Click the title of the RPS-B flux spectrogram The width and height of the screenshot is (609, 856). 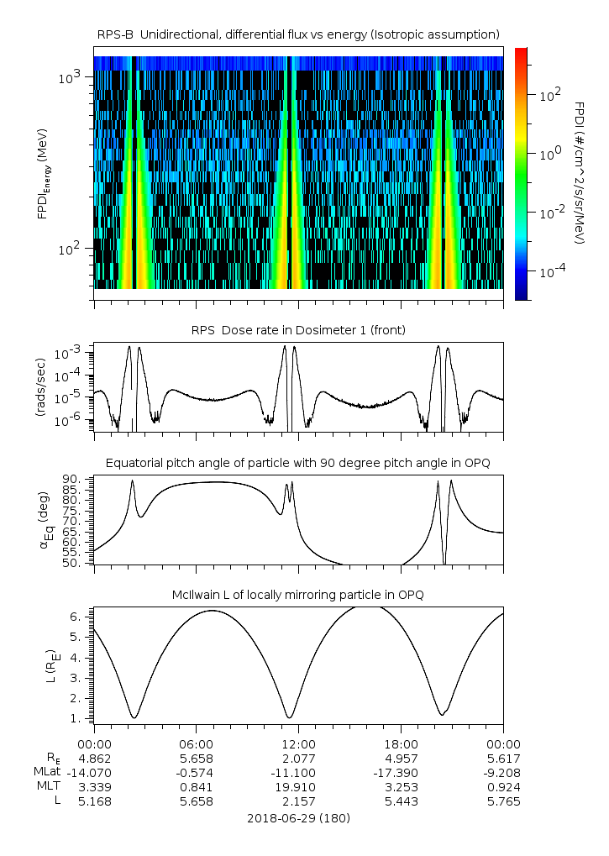[x=298, y=34]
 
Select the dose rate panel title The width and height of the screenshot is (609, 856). [x=298, y=330]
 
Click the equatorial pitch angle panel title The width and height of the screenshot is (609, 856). [x=298, y=463]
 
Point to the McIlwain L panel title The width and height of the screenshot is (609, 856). [x=298, y=595]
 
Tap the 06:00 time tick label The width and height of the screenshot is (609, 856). [x=196, y=744]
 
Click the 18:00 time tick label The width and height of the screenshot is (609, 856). [x=401, y=744]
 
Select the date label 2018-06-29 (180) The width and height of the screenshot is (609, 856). [x=298, y=817]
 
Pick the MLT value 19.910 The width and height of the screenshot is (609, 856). [x=298, y=787]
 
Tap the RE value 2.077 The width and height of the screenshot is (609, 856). [x=298, y=759]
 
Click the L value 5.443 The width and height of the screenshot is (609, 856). [x=401, y=801]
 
